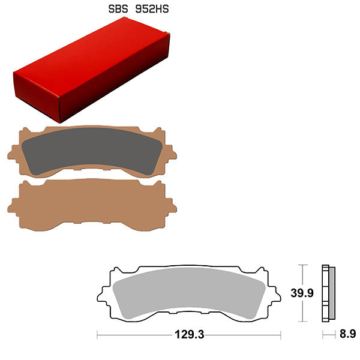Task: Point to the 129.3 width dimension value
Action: (x=188, y=334)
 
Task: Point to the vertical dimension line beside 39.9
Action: (x=304, y=293)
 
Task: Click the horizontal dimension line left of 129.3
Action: (x=132, y=334)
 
